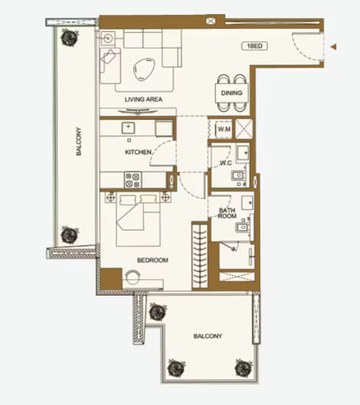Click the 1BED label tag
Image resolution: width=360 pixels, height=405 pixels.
tap(255, 46)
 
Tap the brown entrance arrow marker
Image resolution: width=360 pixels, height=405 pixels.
tap(334, 46)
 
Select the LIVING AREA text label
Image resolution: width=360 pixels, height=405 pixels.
tap(143, 99)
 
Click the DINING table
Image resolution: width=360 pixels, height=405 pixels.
tap(232, 93)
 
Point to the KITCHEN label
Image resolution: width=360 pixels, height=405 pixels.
tap(138, 152)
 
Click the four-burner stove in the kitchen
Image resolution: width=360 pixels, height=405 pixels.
tap(133, 180)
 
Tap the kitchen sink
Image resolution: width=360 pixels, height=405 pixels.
tap(128, 128)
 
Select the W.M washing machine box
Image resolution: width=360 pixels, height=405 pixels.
tap(224, 129)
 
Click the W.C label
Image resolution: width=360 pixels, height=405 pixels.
tap(226, 163)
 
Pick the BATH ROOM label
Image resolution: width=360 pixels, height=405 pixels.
tap(227, 213)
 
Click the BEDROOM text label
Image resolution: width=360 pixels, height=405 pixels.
tap(153, 260)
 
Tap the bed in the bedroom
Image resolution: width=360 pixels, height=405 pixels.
tap(139, 220)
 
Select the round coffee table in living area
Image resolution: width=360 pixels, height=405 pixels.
tap(144, 69)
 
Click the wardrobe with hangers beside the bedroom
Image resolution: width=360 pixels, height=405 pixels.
tap(200, 256)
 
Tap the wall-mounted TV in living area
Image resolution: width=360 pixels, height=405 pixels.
tap(137, 112)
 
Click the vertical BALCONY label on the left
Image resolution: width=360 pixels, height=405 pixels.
tap(79, 141)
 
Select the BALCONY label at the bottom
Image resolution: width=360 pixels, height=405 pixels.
tap(207, 336)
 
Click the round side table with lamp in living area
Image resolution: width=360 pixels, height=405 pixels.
tap(108, 39)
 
